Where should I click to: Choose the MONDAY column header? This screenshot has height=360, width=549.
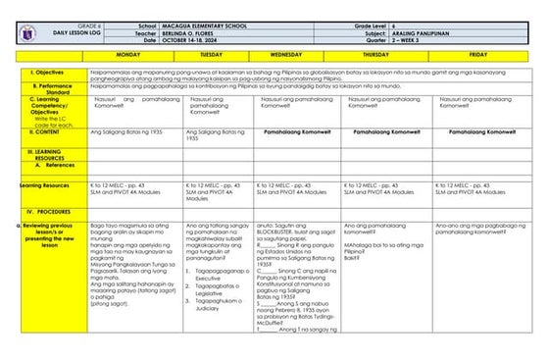(x=128, y=55)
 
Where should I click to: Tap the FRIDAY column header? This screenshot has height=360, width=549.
(x=477, y=55)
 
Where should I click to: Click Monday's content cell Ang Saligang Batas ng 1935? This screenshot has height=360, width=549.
(x=124, y=130)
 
